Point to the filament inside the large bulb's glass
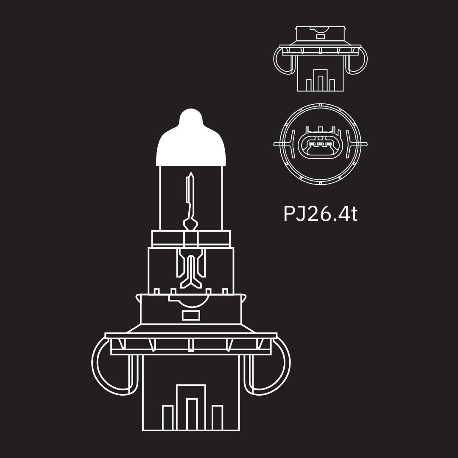[190, 199]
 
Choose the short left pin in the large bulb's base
[168, 418]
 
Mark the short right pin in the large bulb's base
[217, 418]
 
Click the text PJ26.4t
[320, 214]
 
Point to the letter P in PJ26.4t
[289, 214]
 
